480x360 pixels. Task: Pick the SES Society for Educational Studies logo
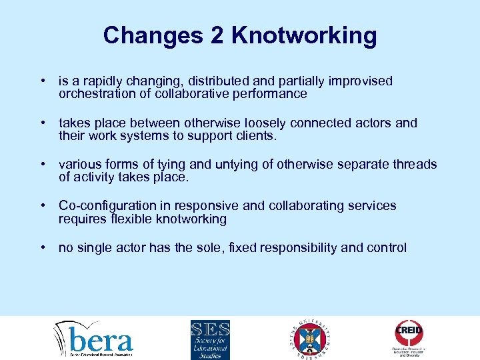(210, 339)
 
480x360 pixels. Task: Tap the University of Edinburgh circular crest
(309, 339)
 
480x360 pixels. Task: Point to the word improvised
(361, 81)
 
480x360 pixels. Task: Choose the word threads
(414, 165)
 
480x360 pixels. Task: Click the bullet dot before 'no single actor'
(43, 248)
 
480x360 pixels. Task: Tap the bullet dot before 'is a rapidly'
(43, 81)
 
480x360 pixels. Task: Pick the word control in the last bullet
(386, 248)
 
